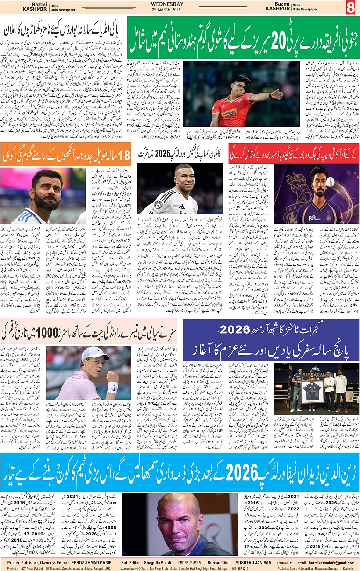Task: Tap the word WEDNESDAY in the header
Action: pyautogui.click(x=180, y=4)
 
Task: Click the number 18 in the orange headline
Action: pyautogui.click(x=122, y=156)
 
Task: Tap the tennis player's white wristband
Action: pyautogui.click(x=112, y=387)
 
